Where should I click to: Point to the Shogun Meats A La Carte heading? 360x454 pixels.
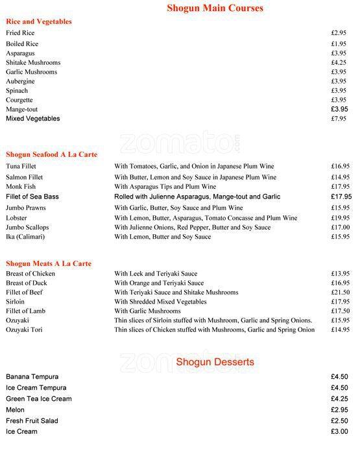point(49,263)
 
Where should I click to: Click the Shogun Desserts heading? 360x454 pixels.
point(215,362)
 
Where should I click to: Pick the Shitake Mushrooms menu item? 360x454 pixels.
point(33,62)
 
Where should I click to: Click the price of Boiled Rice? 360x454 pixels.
point(339,43)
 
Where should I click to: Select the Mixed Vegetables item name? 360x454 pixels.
point(32,119)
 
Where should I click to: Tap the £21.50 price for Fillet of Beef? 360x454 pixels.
point(340,293)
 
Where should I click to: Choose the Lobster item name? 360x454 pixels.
point(17,218)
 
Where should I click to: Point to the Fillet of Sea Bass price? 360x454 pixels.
point(341,197)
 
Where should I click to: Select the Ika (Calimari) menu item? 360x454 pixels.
point(27,237)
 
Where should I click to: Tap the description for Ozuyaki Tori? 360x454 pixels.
point(214,329)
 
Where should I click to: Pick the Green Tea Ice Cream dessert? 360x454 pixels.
point(39,399)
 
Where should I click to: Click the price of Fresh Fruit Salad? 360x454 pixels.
point(340,421)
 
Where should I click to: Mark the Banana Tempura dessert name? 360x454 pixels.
point(32,377)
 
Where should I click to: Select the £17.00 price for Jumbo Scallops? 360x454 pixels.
point(340,228)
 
